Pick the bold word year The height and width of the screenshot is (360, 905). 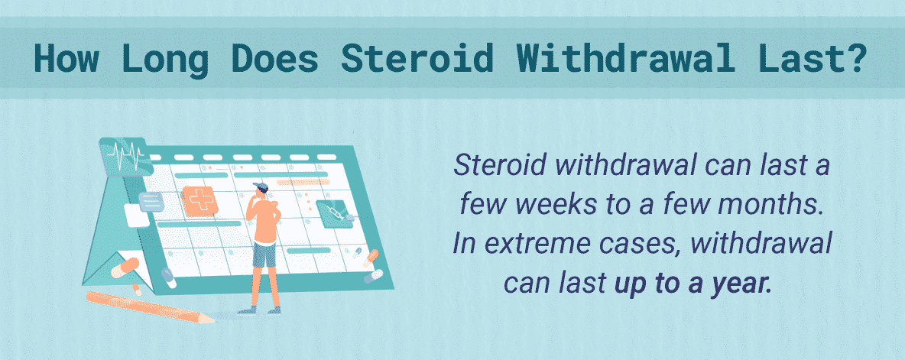coord(744,285)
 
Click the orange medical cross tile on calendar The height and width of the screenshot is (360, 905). coord(199,201)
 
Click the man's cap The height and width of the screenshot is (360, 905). coord(261,187)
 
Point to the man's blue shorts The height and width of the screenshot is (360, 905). coord(264,255)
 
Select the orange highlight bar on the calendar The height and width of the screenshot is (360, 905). coord(299,183)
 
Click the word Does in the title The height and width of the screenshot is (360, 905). coord(274,57)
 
